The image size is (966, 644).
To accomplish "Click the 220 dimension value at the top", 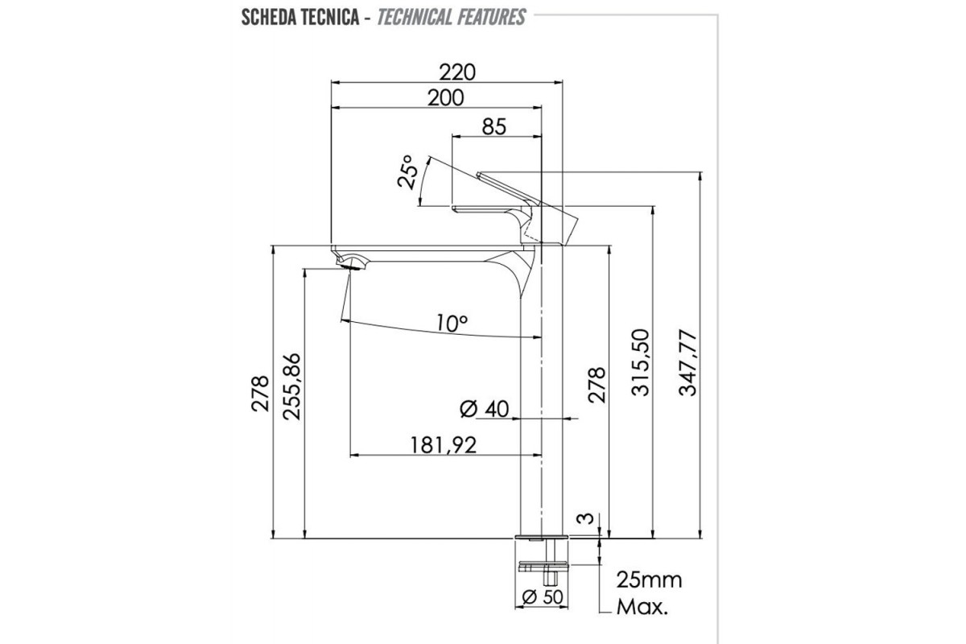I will point(458,72).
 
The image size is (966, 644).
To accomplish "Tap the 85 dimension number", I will point(493,126).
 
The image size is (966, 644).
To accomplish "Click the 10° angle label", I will point(452,323).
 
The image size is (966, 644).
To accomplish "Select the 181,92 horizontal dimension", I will point(443,444).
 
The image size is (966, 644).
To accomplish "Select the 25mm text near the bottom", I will point(649,580).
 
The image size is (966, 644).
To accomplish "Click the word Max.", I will point(642,607).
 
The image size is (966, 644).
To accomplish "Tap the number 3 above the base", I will point(589,518).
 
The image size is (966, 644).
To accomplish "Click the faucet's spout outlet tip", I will point(348,262).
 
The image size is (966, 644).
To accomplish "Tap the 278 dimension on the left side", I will point(260,393).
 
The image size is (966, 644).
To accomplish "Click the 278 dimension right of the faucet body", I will point(596,386).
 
